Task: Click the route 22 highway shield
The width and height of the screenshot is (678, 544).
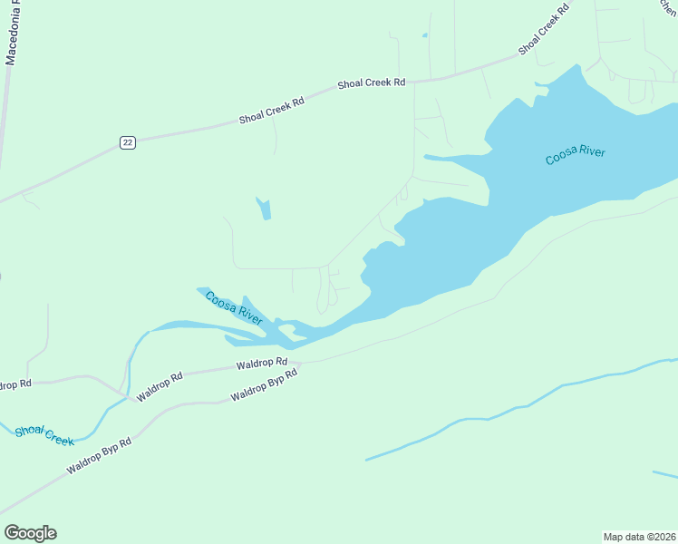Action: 128,142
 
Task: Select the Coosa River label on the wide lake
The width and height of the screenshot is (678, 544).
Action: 575,155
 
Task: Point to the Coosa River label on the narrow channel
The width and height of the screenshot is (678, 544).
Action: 234,308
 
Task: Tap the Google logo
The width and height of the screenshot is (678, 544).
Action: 30,533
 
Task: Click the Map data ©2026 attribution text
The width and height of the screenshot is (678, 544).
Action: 639,536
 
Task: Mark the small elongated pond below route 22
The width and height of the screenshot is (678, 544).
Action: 264,209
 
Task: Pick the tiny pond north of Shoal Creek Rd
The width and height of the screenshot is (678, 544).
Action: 424,36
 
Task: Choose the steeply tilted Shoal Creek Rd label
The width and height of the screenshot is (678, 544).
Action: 547,30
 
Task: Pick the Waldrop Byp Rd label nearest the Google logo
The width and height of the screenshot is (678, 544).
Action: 99,457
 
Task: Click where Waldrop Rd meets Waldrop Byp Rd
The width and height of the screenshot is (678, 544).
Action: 299,363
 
